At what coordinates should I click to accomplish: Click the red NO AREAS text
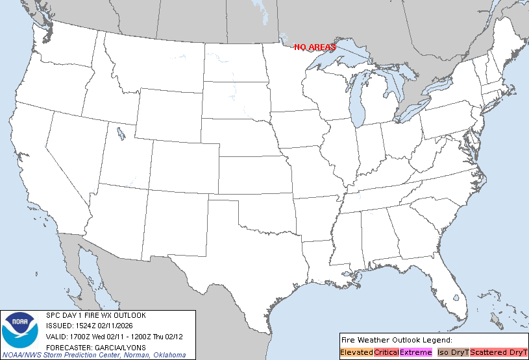[315, 47]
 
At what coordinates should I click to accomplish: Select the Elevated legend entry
[356, 352]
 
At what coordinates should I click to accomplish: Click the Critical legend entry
[386, 352]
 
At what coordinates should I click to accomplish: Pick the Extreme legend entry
[415, 352]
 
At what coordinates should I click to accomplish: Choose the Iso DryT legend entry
[452, 352]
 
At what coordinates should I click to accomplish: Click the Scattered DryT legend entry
[498, 352]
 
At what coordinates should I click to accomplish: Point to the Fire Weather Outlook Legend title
[396, 340]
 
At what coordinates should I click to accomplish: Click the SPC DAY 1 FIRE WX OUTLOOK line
[96, 315]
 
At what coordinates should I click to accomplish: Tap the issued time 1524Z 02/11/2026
[120, 326]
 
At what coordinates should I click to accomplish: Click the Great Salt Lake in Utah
[121, 134]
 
